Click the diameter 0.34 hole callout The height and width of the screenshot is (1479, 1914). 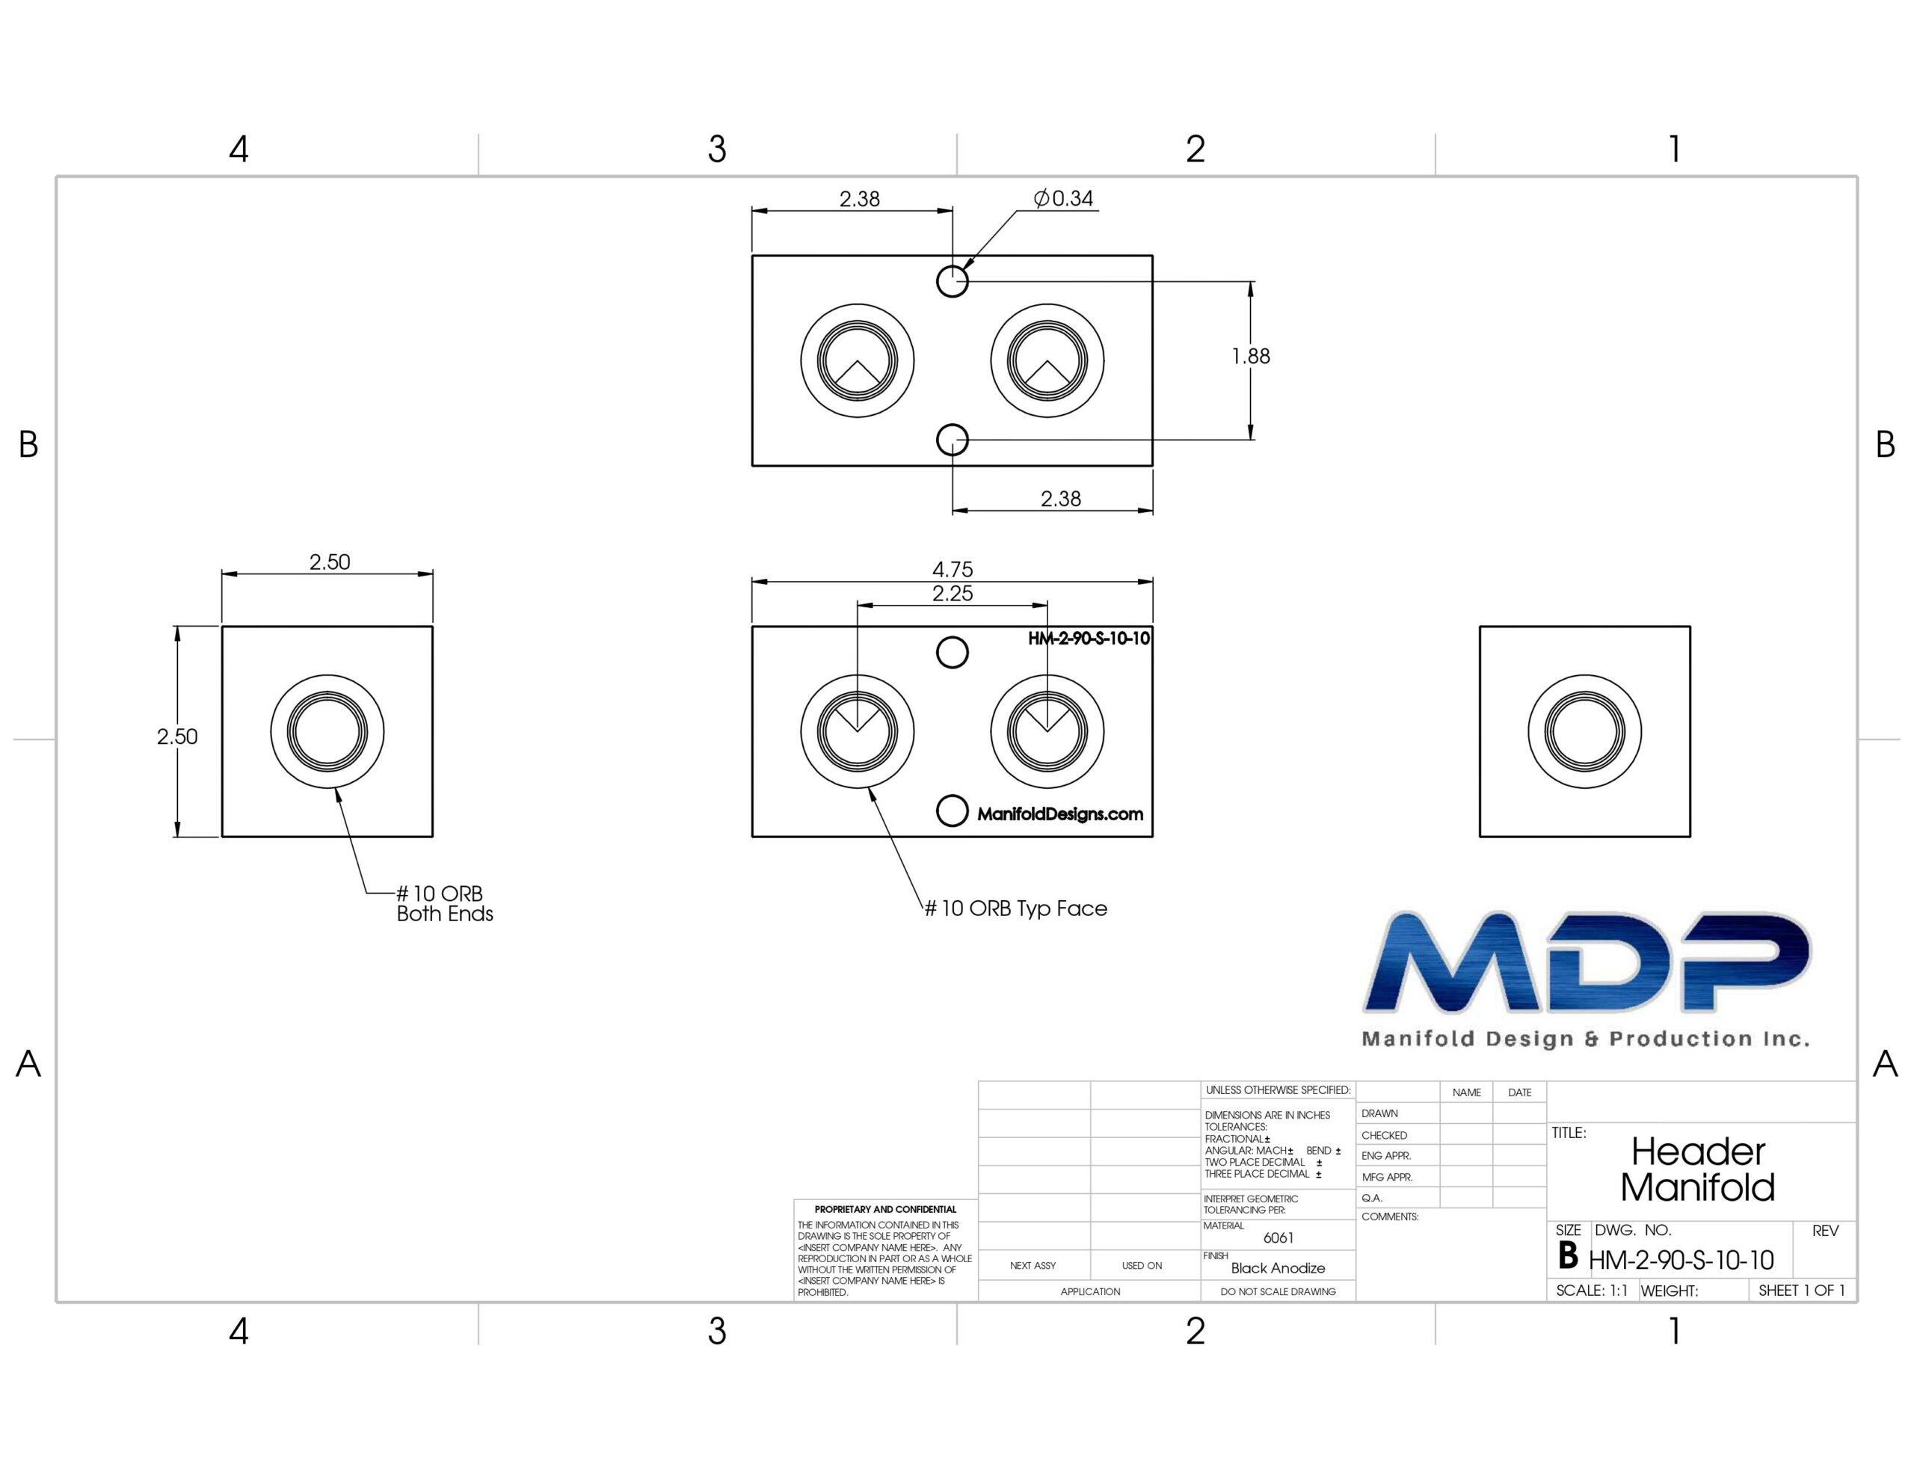(1063, 198)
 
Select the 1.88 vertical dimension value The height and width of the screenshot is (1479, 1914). (1251, 356)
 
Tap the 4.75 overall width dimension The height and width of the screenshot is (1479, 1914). (953, 569)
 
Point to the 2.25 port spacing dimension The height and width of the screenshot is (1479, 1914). (953, 594)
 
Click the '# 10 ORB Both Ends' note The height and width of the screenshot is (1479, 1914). (444, 903)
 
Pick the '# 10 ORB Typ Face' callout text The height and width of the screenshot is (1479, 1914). (1017, 908)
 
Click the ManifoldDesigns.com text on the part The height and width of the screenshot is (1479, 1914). (1060, 814)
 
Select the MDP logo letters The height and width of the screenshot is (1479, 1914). (1587, 962)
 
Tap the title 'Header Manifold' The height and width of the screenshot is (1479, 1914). (1697, 1169)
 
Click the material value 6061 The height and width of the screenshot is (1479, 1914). (1278, 1238)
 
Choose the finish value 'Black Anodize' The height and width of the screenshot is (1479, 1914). (1278, 1267)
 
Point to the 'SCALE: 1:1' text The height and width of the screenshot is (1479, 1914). (1592, 1291)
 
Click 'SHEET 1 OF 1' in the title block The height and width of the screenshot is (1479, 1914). (1802, 1291)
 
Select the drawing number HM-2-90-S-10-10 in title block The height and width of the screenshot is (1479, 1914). (1681, 1260)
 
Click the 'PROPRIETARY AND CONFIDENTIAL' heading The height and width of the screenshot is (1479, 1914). (885, 1209)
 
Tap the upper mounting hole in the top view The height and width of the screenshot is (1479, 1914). (953, 281)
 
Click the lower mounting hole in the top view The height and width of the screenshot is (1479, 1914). (953, 439)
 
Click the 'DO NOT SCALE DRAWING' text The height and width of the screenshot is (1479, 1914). (1278, 1291)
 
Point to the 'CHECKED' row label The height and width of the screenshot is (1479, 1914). (1384, 1135)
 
